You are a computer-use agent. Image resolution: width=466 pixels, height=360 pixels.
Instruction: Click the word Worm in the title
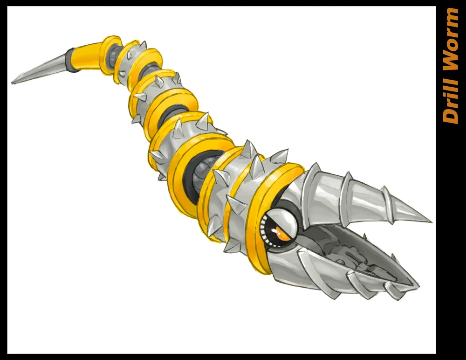point(451,42)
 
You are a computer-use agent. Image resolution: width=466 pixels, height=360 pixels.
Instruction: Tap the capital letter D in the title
point(451,116)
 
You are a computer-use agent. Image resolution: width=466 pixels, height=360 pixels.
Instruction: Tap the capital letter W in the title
point(451,62)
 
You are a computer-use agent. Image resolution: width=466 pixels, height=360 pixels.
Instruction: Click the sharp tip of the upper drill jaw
point(430,221)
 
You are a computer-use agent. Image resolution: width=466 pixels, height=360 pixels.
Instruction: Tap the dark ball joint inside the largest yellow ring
point(198,170)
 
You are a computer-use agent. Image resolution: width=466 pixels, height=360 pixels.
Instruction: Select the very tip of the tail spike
point(13,83)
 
